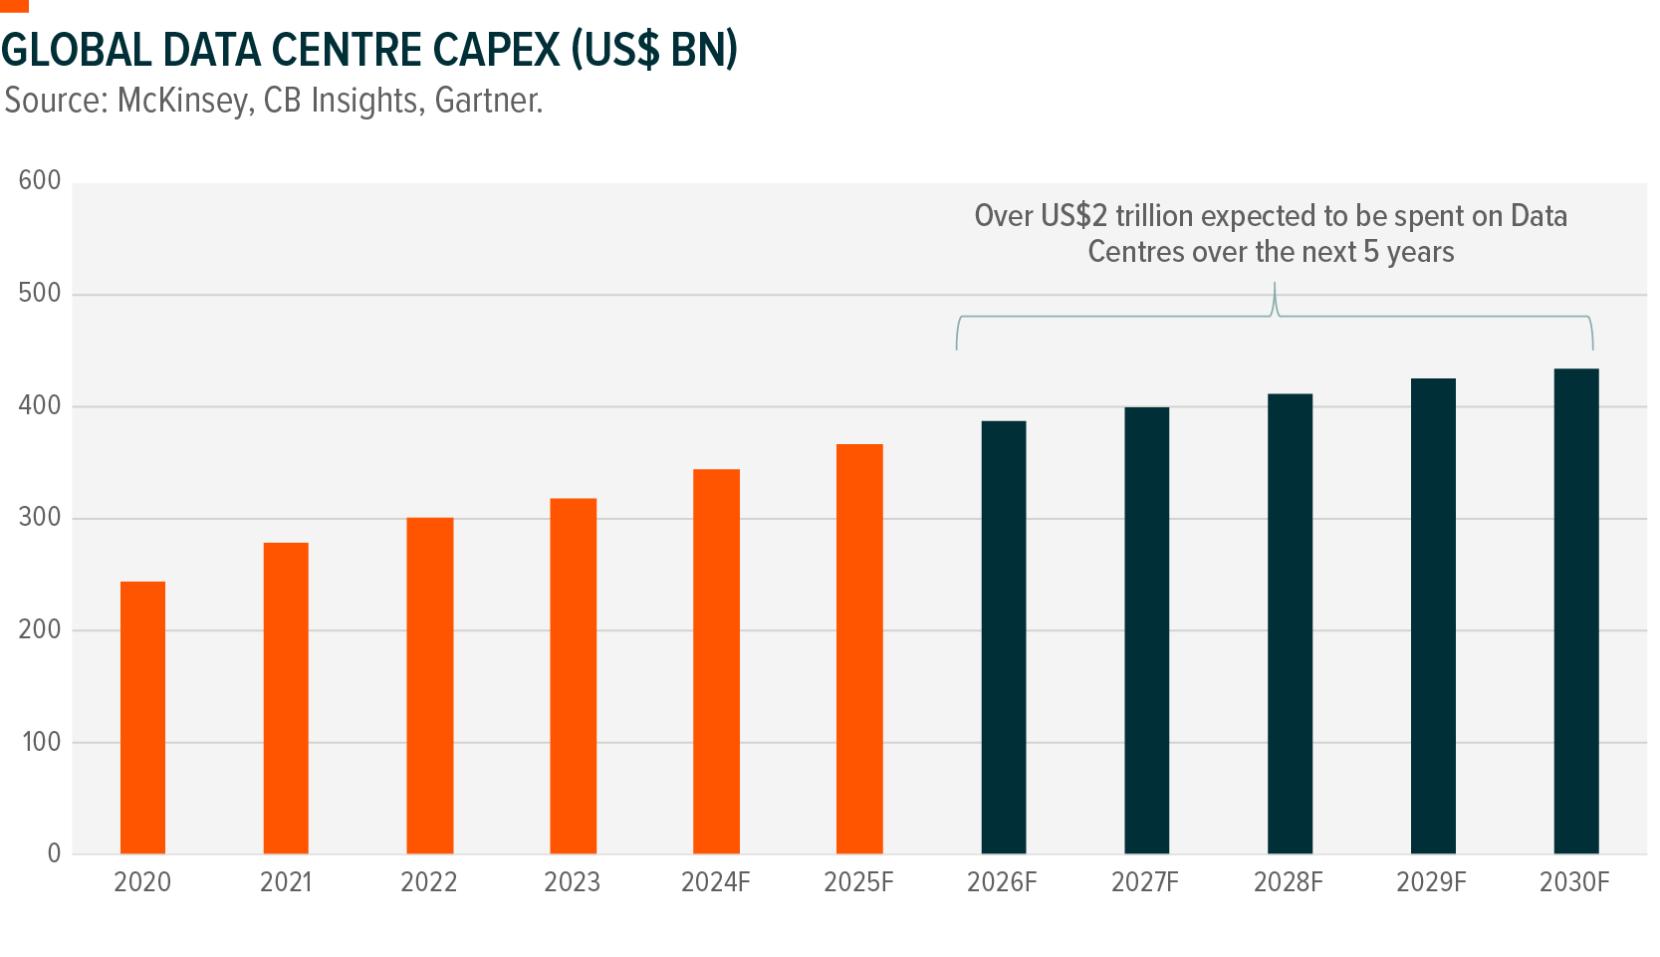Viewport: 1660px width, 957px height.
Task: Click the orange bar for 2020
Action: pyautogui.click(x=142, y=717)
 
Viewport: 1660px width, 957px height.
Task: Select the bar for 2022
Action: pyautogui.click(x=429, y=685)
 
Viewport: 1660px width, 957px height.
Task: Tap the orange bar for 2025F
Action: pyautogui.click(x=859, y=648)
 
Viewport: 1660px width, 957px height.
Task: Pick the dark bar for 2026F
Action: pyautogui.click(x=1003, y=637)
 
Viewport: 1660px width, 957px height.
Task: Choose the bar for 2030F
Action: pyautogui.click(x=1575, y=610)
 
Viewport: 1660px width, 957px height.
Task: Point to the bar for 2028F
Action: pyautogui.click(x=1290, y=623)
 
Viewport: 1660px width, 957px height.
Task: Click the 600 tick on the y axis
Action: pyautogui.click(x=40, y=181)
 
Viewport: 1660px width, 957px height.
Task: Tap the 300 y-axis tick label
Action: pyautogui.click(x=40, y=518)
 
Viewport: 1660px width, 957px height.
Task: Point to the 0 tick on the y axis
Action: pyautogui.click(x=54, y=853)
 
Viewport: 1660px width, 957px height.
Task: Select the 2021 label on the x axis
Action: pyautogui.click(x=286, y=882)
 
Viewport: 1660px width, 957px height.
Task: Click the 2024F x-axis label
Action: pyautogui.click(x=715, y=882)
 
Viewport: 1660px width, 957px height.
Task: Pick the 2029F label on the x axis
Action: pyautogui.click(x=1431, y=882)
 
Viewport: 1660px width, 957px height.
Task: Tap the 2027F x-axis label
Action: pyautogui.click(x=1145, y=882)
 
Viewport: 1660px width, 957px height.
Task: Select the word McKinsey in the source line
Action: pyautogui.click(x=182, y=101)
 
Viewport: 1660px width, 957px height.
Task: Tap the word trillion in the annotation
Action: pyautogui.click(x=1153, y=216)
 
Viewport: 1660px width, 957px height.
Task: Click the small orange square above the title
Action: pyautogui.click(x=14, y=5)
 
